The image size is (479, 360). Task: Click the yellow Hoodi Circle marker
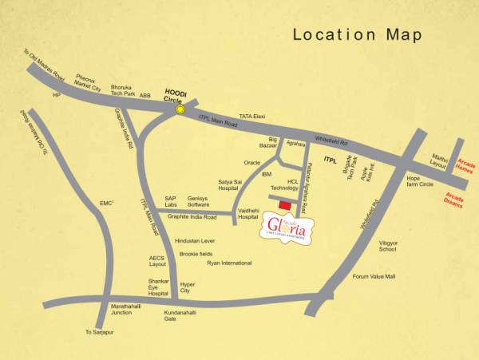(181, 109)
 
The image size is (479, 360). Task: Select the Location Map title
(357, 34)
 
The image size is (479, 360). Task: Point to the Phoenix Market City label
(87, 83)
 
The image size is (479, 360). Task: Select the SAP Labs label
(171, 201)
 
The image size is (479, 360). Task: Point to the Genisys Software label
(199, 201)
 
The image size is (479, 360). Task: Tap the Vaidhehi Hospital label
(248, 213)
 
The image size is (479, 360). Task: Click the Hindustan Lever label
(195, 240)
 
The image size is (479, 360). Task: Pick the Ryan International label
(229, 263)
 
